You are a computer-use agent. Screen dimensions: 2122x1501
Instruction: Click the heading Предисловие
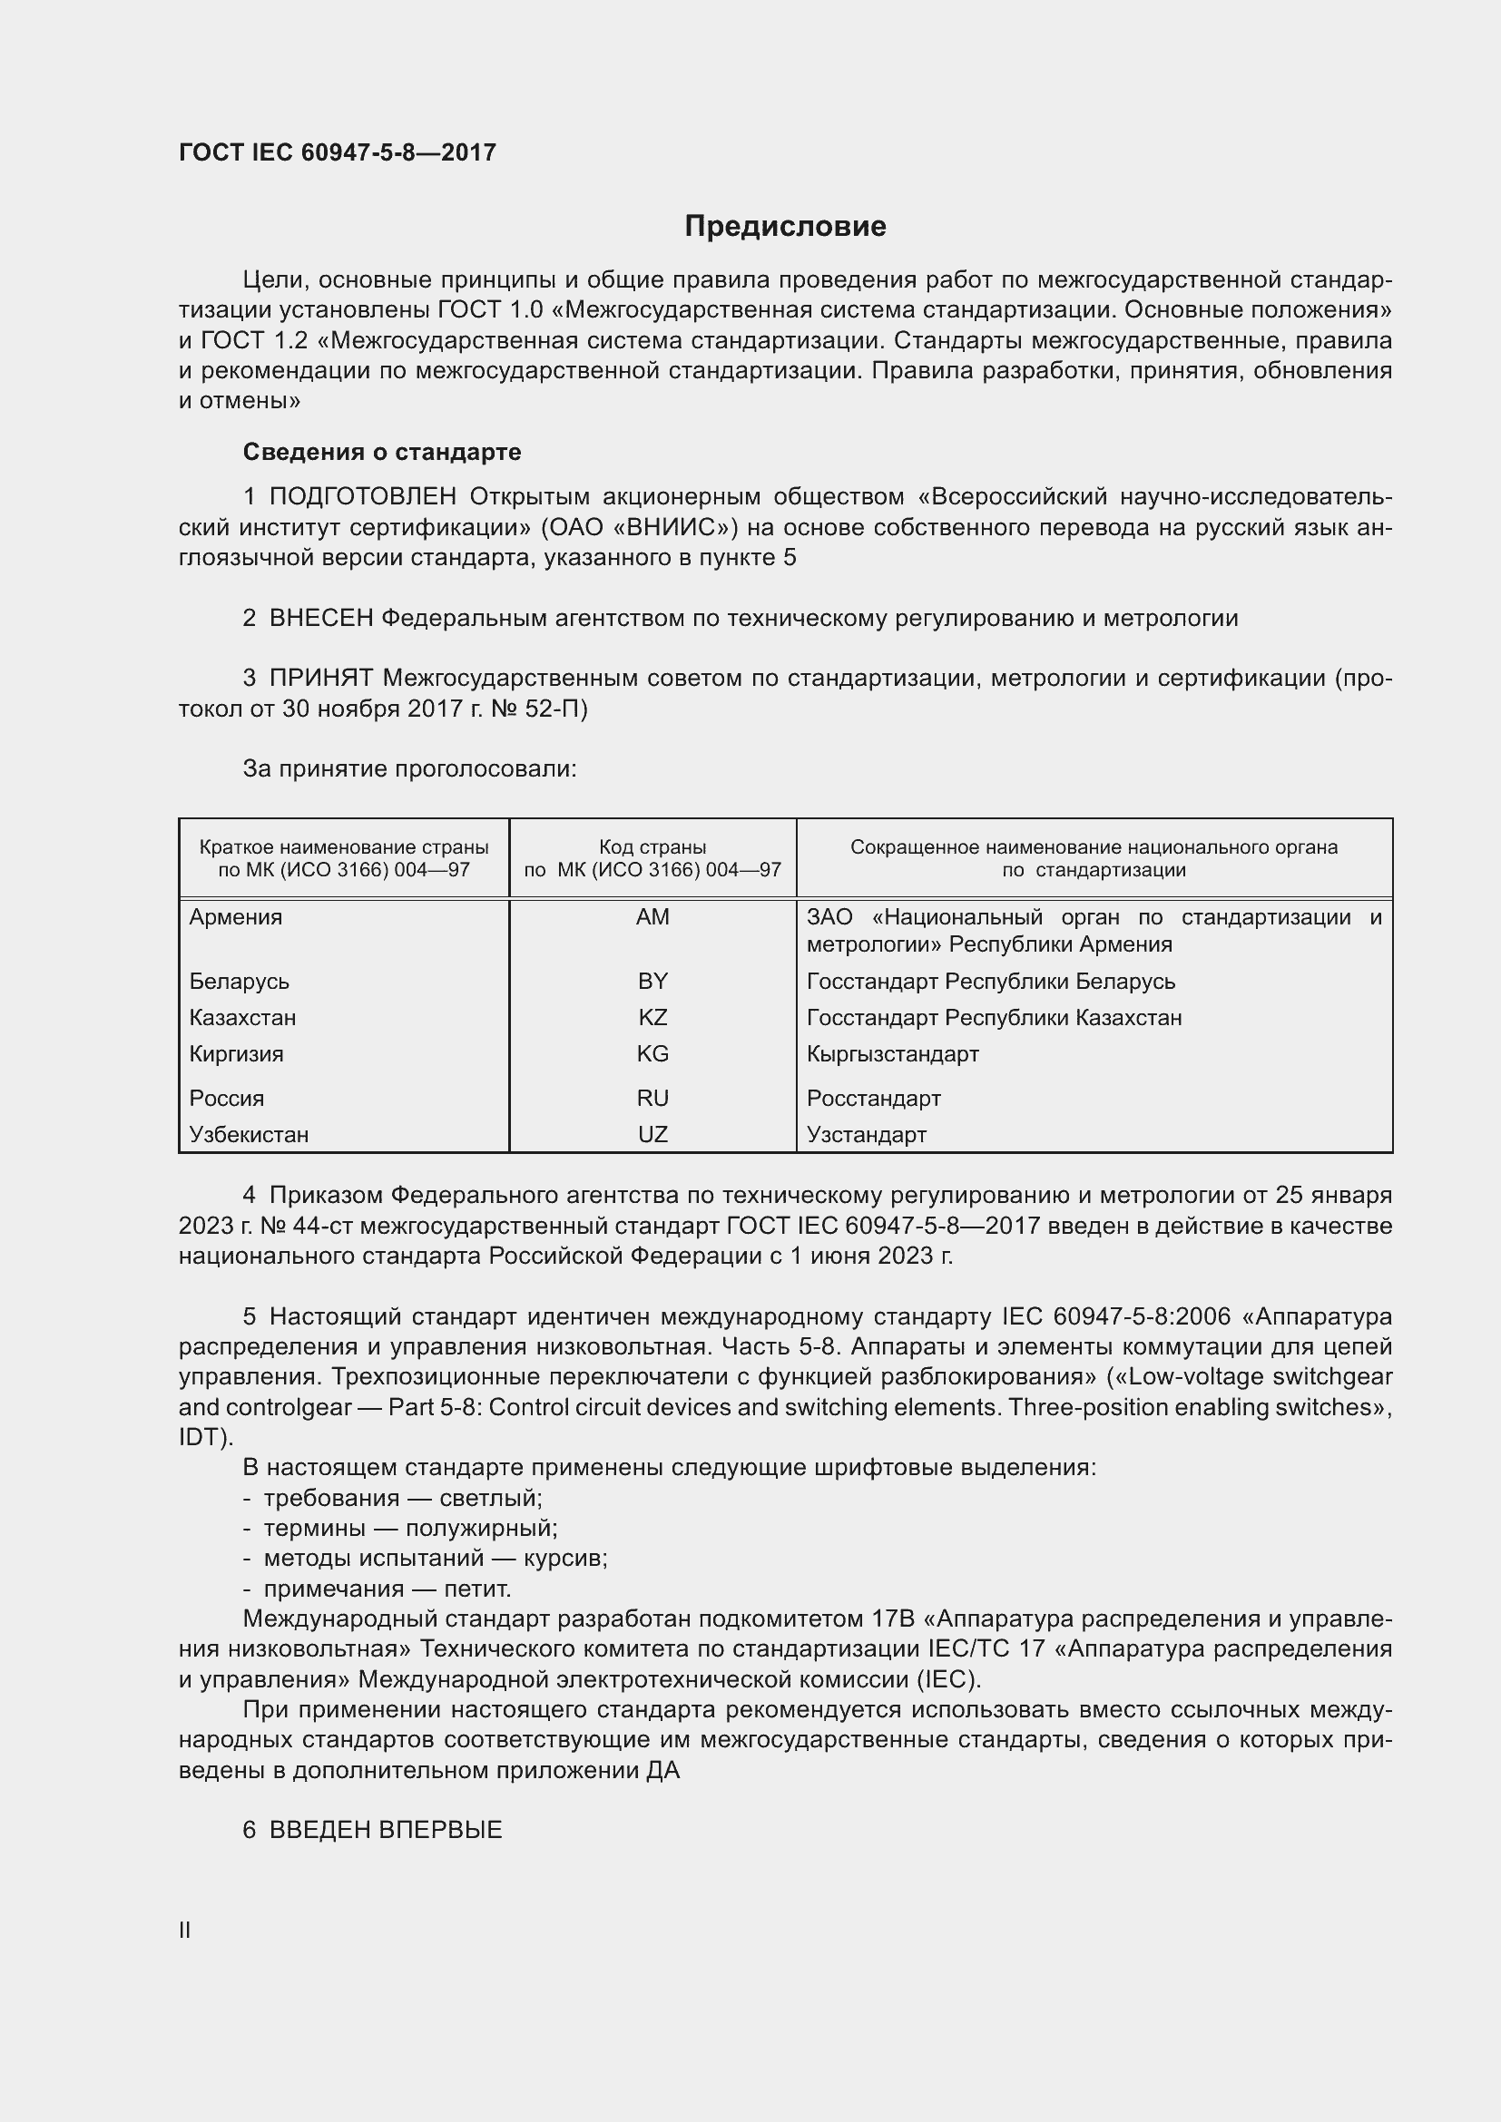coord(785,227)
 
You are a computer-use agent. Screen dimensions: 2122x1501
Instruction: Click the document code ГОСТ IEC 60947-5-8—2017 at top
coord(338,152)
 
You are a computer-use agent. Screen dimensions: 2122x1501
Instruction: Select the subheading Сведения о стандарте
coord(382,452)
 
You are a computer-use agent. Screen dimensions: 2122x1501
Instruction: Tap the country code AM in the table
coord(652,917)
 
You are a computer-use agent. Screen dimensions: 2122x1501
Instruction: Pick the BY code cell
coord(652,981)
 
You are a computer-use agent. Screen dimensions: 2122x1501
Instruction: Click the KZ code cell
coord(652,1018)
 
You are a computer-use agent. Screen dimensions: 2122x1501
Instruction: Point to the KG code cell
coord(652,1053)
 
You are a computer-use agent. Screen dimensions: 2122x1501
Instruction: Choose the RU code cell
coord(652,1098)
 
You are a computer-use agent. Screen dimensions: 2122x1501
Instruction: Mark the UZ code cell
coord(652,1134)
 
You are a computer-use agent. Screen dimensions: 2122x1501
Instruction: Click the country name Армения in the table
coord(236,917)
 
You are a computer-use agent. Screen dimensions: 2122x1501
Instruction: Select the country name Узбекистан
coord(249,1134)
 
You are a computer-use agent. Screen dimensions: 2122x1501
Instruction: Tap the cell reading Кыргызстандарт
coord(892,1053)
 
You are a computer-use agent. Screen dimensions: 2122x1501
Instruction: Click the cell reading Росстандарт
coord(873,1098)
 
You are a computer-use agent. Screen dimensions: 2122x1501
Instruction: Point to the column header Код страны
coord(652,846)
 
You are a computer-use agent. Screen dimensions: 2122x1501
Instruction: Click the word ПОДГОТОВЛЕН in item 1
coord(362,497)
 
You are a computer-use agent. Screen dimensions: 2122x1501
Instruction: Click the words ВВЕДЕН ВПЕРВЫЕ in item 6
coord(386,1830)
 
